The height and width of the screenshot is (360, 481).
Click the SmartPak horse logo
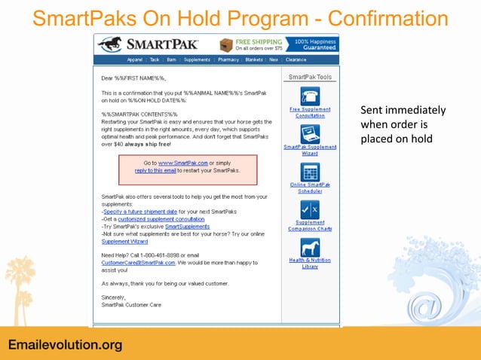(110, 44)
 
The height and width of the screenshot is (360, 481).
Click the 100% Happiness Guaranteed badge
(316, 44)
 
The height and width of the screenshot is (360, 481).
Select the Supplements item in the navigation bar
(197, 59)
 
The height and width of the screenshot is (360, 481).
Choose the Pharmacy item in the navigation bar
(228, 59)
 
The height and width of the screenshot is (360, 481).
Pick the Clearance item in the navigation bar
(296, 59)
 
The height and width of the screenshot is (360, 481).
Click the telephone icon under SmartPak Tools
(310, 96)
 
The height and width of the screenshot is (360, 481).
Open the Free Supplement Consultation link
(310, 112)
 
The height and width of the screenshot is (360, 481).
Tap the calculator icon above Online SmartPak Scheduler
(310, 171)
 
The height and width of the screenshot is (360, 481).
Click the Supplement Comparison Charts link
(310, 225)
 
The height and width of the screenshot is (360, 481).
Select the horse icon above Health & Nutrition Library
(310, 247)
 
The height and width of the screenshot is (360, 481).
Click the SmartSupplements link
(188, 226)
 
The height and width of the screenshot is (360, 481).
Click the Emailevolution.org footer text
(65, 345)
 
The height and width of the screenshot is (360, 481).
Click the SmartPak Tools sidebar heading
(310, 77)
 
